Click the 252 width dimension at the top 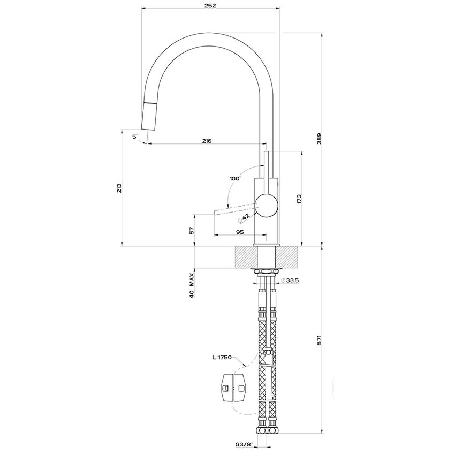pyautogui.click(x=210, y=5)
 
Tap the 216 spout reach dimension pyautogui.click(x=207, y=141)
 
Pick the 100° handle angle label pyautogui.click(x=235, y=178)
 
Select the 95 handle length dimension pyautogui.click(x=240, y=232)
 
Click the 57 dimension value pyautogui.click(x=192, y=230)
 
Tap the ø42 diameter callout pyautogui.click(x=245, y=217)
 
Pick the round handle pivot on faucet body pyautogui.click(x=267, y=205)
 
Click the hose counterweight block pyautogui.click(x=233, y=386)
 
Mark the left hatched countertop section pyautogui.click(x=245, y=257)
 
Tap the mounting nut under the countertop pyautogui.click(x=267, y=271)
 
